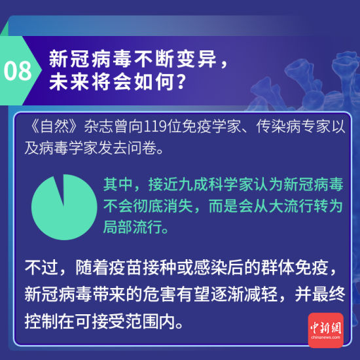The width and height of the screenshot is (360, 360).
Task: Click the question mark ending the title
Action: point(184,83)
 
